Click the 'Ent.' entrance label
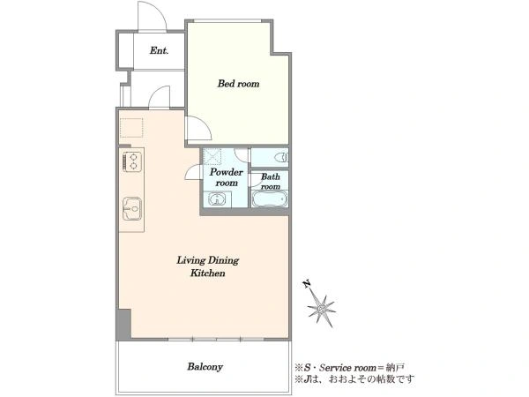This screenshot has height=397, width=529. pyautogui.click(x=159, y=50)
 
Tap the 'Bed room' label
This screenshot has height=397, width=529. pyautogui.click(x=239, y=84)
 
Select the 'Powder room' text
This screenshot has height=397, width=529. pyautogui.click(x=227, y=177)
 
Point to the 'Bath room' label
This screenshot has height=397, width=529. pyautogui.click(x=271, y=181)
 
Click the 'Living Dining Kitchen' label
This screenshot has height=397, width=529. pyautogui.click(x=208, y=266)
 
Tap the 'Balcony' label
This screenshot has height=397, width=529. pyautogui.click(x=205, y=367)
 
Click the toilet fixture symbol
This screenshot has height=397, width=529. pyautogui.click(x=280, y=157)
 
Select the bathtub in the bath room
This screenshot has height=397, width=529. pyautogui.click(x=270, y=198)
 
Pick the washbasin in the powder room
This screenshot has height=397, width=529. pyautogui.click(x=216, y=198)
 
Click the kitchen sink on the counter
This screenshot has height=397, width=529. pyautogui.click(x=132, y=208)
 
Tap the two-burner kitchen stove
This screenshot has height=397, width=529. pyautogui.click(x=132, y=161)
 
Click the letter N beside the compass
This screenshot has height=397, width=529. pyautogui.click(x=307, y=284)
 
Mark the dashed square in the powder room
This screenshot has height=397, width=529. pyautogui.click(x=212, y=156)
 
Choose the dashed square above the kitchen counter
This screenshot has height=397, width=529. pyautogui.click(x=131, y=128)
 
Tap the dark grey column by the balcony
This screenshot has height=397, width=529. pyautogui.click(x=123, y=324)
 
